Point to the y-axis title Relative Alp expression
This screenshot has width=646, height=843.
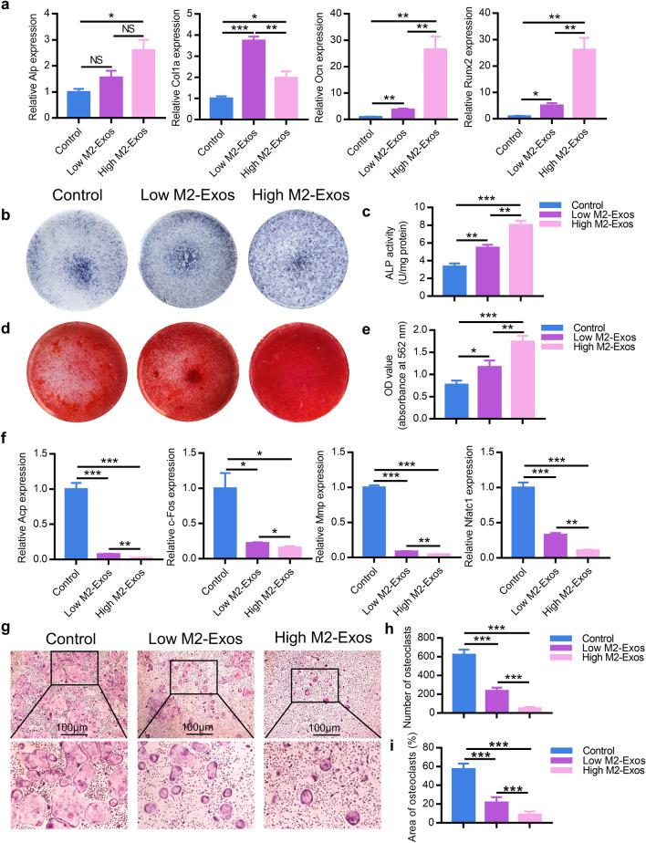point(8,68)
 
